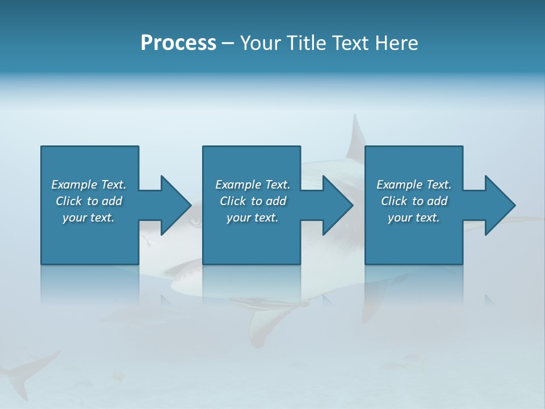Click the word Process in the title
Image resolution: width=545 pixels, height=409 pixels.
(178, 43)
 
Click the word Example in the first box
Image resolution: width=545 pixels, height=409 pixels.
(74, 185)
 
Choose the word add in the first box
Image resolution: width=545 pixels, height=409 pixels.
(112, 201)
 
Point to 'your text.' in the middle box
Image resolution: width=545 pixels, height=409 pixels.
(252, 218)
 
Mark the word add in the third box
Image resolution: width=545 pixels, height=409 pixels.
(437, 201)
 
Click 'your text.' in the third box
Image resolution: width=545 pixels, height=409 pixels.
(413, 218)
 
